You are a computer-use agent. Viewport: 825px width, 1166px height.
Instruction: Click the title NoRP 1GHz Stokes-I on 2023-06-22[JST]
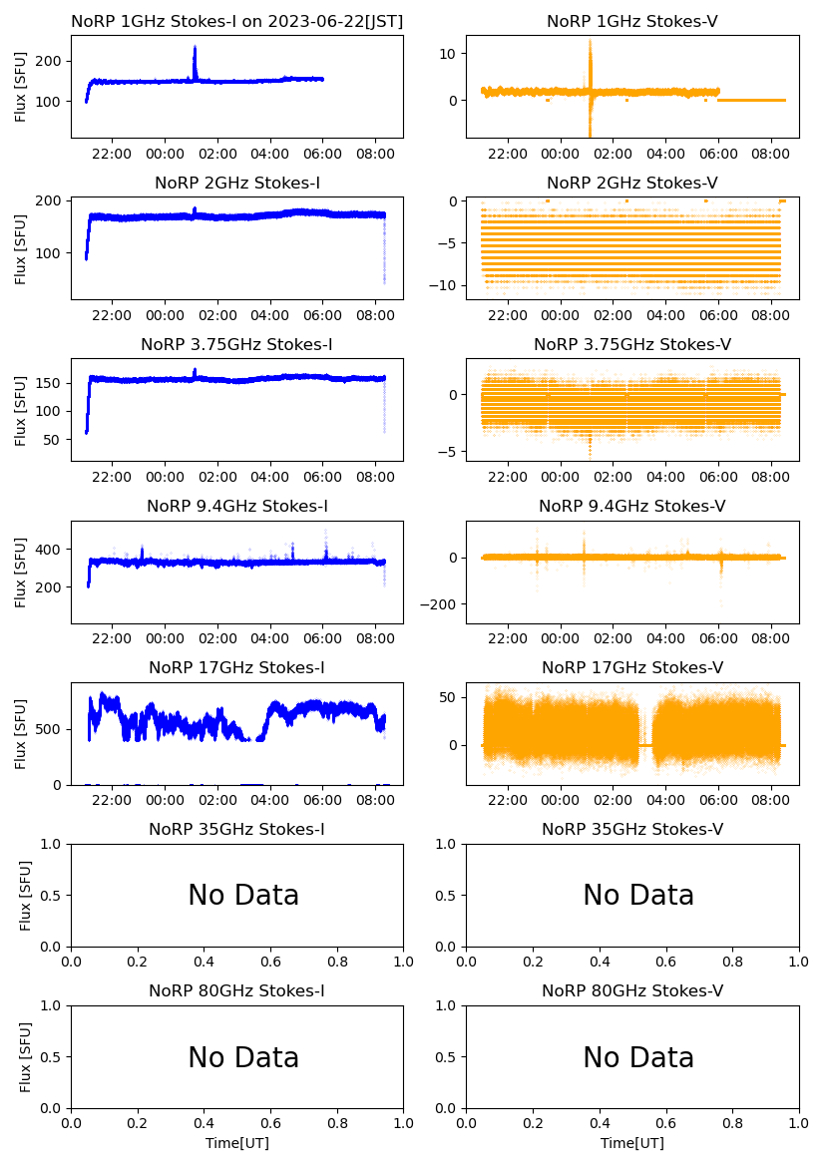[x=237, y=21]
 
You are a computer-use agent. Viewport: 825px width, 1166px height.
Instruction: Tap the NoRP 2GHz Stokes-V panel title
[x=632, y=183]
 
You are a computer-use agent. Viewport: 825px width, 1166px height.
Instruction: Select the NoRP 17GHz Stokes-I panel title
[x=237, y=667]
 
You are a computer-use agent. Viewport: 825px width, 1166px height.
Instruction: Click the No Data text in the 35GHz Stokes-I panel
[x=243, y=896]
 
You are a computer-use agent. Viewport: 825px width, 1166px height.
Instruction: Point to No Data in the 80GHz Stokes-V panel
[x=638, y=1057]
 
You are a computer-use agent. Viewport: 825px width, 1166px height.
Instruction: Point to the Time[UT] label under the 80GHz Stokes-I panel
[x=237, y=1143]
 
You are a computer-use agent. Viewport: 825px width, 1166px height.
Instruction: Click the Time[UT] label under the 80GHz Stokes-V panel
[x=632, y=1143]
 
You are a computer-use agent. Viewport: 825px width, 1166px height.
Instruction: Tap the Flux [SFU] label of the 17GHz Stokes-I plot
[x=21, y=734]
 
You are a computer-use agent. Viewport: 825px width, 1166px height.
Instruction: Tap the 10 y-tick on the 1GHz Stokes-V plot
[x=448, y=53]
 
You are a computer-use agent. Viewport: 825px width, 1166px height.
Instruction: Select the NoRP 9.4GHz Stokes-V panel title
[x=632, y=506]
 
